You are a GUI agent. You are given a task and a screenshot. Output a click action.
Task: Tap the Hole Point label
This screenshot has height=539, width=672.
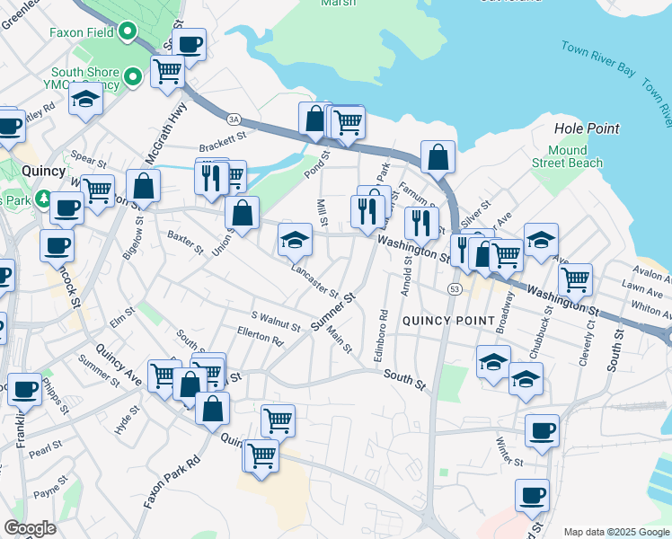point(587,128)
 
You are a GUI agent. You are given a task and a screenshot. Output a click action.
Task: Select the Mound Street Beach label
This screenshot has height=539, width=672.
point(567,156)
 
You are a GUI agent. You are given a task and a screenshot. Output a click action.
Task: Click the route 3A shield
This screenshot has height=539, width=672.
point(234,119)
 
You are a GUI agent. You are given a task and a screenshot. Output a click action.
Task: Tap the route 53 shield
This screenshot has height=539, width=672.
point(455,288)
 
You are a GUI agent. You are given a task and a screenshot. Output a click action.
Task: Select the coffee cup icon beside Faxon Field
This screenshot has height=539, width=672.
point(190,44)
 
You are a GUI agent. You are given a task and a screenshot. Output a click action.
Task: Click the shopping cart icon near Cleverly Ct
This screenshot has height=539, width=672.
point(574,278)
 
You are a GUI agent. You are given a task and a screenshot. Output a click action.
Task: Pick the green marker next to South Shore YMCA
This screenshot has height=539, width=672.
point(134,77)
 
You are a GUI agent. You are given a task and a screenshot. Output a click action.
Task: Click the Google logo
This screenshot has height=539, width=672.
point(30,528)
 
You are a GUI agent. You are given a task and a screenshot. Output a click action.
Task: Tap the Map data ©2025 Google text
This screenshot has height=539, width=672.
point(616,532)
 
